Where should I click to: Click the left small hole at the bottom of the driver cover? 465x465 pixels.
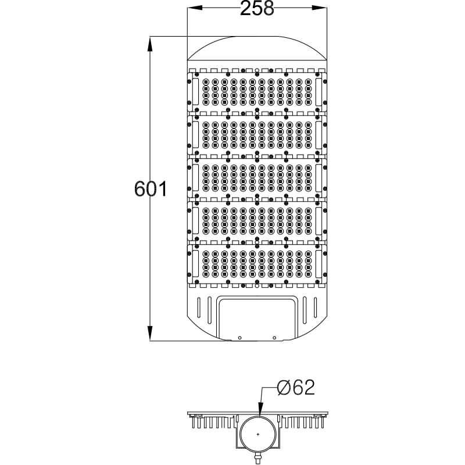click(x=239, y=337)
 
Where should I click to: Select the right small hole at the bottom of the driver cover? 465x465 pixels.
click(x=274, y=337)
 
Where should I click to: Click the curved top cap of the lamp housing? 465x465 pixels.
click(x=256, y=48)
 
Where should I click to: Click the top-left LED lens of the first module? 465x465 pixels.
click(x=205, y=81)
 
